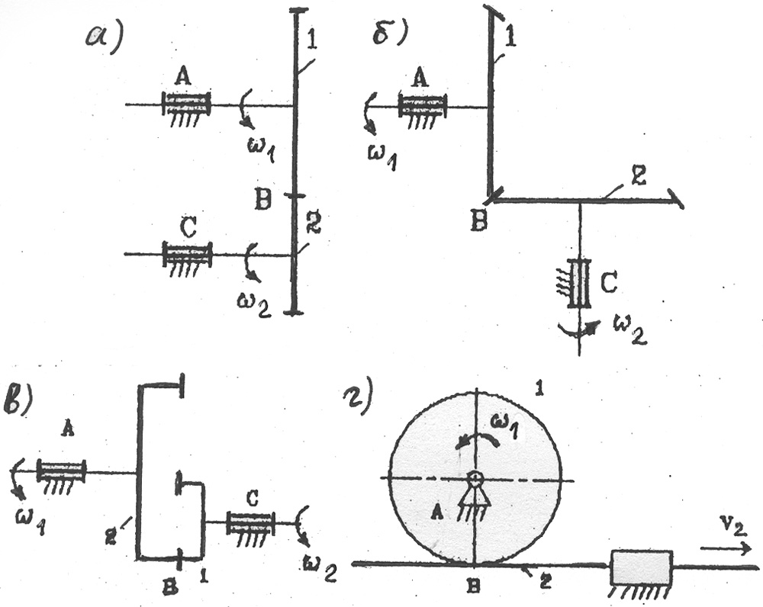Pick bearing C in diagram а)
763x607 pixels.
pos(187,254)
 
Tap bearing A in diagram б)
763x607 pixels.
pos(422,107)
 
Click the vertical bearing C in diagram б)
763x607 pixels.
pos(581,284)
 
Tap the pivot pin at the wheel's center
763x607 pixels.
pos(475,478)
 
